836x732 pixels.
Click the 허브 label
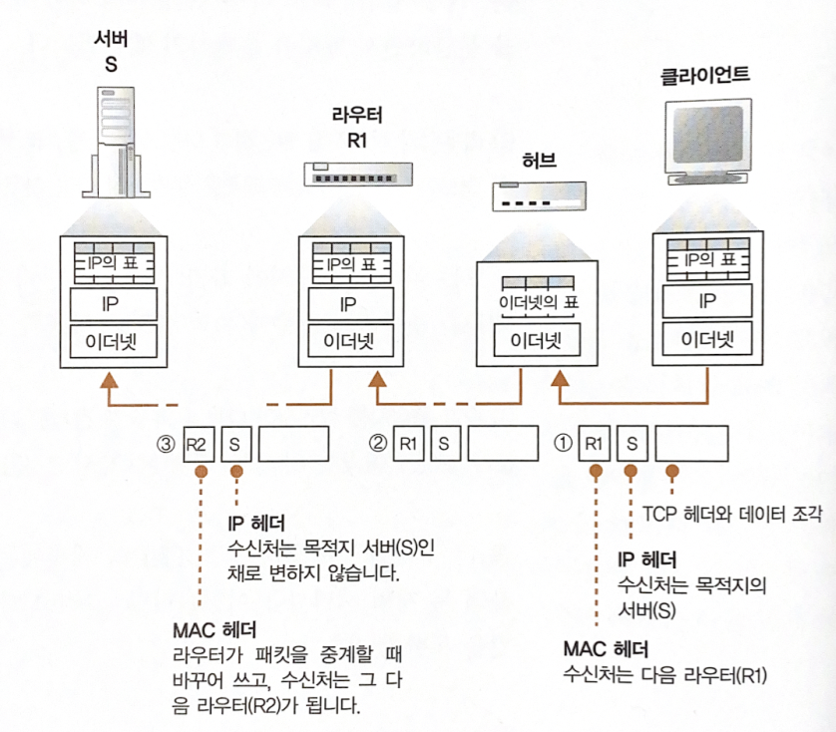coord(538,161)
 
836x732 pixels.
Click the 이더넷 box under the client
coord(707,339)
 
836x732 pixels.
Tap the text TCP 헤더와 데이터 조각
coord(731,515)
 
